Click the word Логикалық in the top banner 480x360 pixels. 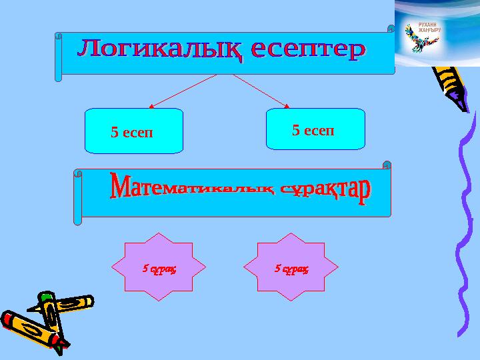click(x=157, y=50)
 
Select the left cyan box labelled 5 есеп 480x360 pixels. click(x=134, y=131)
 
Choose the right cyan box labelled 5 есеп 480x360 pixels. click(x=315, y=129)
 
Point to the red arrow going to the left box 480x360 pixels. click(x=183, y=91)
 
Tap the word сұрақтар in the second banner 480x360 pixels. click(x=325, y=191)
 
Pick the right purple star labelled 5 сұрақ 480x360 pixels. click(x=291, y=267)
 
